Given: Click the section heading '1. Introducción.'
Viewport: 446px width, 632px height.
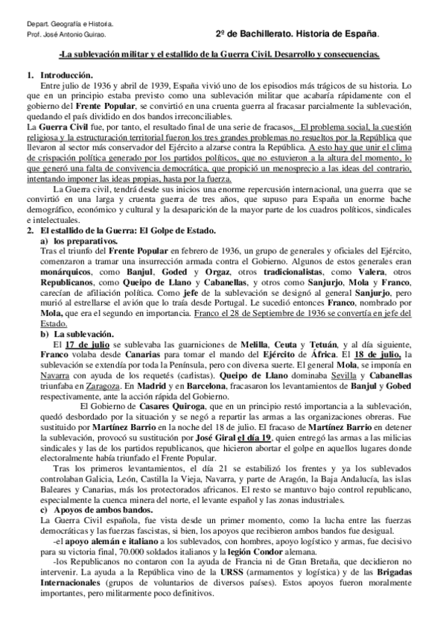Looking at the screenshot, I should (59, 76).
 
